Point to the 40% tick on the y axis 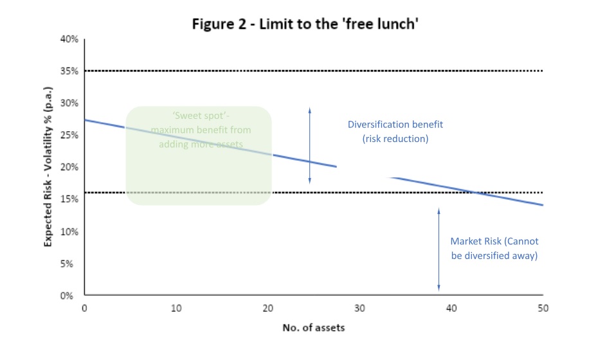[x=69, y=39]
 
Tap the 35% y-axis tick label [x=69, y=71]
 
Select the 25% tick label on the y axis [x=69, y=136]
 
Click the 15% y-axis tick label [x=69, y=199]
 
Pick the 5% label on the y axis [x=71, y=264]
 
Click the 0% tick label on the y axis [x=71, y=296]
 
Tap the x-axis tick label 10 [x=176, y=308]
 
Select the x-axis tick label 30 [x=359, y=308]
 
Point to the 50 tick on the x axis [x=543, y=308]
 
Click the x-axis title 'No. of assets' [x=314, y=328]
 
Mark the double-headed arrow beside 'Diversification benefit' [x=309, y=146]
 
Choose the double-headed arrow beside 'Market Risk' [x=439, y=249]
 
